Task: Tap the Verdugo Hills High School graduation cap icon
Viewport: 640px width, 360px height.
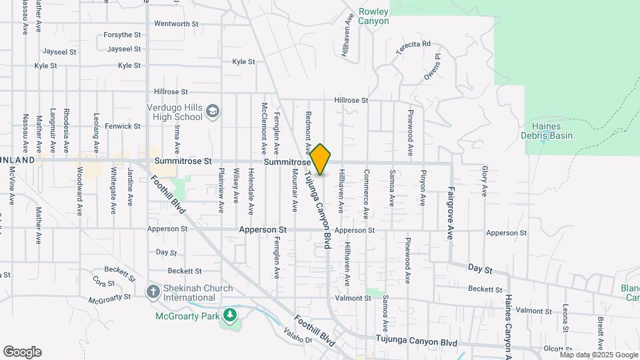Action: (213, 111)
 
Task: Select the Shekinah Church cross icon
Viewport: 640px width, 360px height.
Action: (153, 291)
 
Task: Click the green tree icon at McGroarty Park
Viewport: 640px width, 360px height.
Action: (230, 315)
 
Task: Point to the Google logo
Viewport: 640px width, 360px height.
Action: (22, 352)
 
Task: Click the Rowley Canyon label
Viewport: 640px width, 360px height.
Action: (373, 16)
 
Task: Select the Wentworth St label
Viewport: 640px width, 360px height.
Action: (177, 23)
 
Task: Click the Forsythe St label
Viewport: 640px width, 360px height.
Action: (123, 35)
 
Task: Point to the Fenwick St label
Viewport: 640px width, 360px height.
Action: (123, 126)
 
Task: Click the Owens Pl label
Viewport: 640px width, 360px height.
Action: (432, 68)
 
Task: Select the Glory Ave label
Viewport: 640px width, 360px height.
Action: (484, 181)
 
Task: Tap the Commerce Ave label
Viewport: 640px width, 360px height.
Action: (366, 194)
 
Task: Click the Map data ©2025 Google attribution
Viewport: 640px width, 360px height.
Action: (599, 355)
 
